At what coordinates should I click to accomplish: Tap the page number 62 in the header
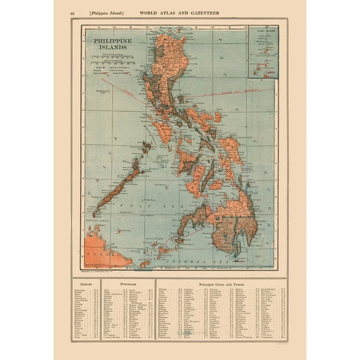(x=56, y=12)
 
